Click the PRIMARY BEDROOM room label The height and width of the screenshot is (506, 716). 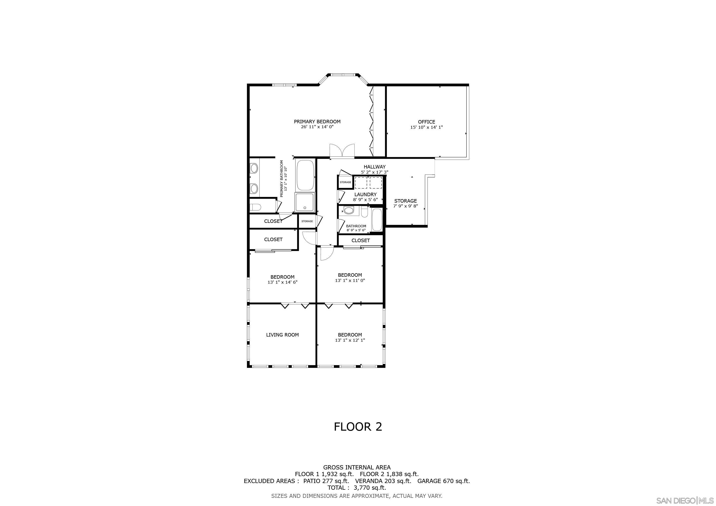coord(317,122)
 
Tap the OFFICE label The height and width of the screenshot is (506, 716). coord(426,122)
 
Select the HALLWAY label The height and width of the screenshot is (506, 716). coord(375,167)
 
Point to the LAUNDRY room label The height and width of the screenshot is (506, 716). coord(365,194)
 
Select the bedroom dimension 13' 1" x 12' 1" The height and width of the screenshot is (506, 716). coord(350,340)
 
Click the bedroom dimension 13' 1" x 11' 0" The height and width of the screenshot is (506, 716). coord(350,280)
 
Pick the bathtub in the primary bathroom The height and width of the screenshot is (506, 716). coord(305,175)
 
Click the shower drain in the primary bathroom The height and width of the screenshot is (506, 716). coord(305,208)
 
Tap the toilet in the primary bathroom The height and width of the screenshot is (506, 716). coord(255,207)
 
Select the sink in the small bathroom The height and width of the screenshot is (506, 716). coord(349,210)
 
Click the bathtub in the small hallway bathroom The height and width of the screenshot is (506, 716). coord(377,220)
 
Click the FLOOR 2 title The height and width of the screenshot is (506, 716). coord(358,426)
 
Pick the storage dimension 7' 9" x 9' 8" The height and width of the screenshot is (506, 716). coord(405,206)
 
